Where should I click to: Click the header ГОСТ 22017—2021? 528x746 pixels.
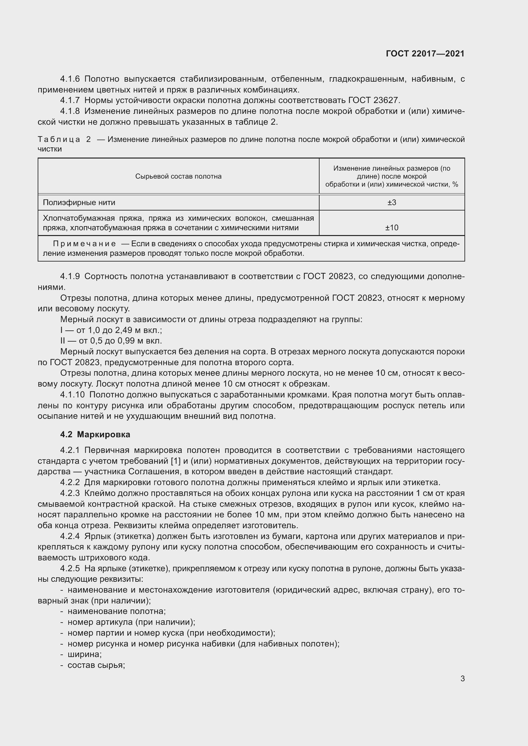(425, 54)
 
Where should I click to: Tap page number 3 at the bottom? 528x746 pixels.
(462, 679)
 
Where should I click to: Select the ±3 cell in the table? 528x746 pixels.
(391, 203)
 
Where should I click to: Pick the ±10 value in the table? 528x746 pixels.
(391, 227)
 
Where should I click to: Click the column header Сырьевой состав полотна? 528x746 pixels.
(178, 176)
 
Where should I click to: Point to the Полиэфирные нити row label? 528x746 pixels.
(79, 203)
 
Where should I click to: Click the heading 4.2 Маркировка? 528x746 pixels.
(95, 434)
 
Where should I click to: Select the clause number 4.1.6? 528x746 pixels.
(70, 79)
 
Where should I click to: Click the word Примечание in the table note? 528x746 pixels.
(84, 244)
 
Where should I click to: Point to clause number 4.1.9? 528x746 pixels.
(70, 277)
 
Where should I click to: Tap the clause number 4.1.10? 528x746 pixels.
(72, 395)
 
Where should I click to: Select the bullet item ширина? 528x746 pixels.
(84, 654)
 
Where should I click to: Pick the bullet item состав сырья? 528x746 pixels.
(96, 665)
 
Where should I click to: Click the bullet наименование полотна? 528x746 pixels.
(117, 611)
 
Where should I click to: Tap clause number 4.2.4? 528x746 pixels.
(70, 536)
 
